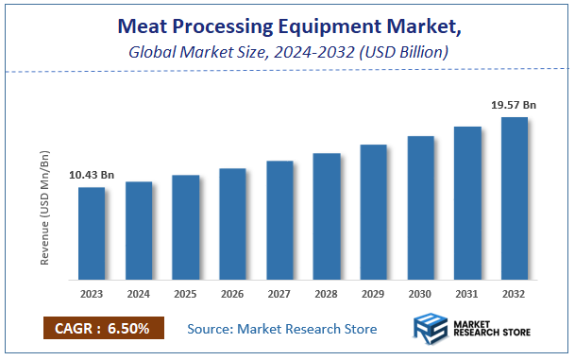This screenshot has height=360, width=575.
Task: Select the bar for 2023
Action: [x=91, y=233]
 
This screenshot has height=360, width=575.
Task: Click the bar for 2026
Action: [x=232, y=224]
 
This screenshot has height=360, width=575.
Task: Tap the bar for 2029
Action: [x=374, y=213]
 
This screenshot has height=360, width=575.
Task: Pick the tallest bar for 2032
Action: [x=515, y=198]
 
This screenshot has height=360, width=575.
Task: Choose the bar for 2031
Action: [x=467, y=203]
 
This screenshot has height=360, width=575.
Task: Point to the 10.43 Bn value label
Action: [x=92, y=175]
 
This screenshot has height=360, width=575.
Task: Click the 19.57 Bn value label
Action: [x=514, y=106]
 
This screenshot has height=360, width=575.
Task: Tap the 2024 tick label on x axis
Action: [x=138, y=294]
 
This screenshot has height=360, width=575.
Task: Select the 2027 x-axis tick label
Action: [x=279, y=294]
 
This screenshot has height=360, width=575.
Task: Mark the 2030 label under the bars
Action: [x=420, y=294]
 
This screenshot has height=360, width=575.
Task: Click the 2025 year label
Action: [x=185, y=294]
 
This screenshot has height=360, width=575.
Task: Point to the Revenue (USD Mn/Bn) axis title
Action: [x=44, y=206]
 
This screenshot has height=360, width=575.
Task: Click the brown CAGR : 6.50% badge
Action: [x=104, y=328]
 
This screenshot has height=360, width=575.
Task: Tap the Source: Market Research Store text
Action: [x=281, y=329]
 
